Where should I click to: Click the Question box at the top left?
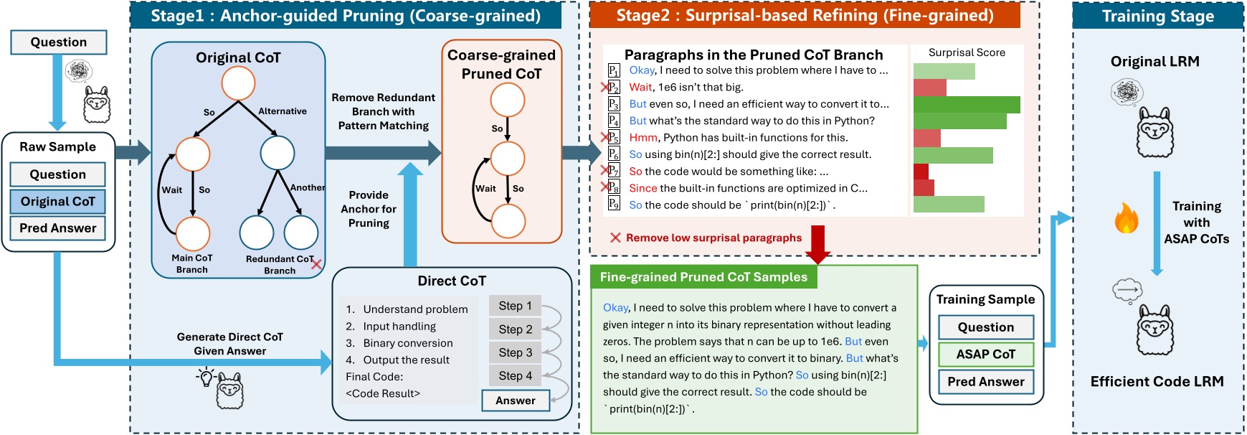(59, 42)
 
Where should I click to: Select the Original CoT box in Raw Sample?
(58, 202)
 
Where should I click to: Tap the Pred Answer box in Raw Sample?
(58, 228)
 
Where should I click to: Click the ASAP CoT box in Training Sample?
(986, 355)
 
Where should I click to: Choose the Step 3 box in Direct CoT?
(516, 352)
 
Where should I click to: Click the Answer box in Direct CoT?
(516, 401)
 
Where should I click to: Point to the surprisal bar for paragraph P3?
(967, 105)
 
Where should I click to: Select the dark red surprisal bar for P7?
(921, 172)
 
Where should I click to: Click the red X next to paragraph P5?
(604, 137)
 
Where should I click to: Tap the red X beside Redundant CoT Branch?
(316, 264)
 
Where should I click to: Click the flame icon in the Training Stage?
(1127, 217)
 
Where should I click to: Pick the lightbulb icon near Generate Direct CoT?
(207, 376)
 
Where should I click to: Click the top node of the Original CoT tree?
(238, 83)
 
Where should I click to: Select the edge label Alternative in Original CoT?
(283, 111)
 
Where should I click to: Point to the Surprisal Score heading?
(967, 52)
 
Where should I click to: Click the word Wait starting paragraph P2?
(640, 88)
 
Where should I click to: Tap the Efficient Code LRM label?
(1157, 382)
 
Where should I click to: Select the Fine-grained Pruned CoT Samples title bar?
(703, 277)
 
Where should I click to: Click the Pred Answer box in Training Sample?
(986, 382)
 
